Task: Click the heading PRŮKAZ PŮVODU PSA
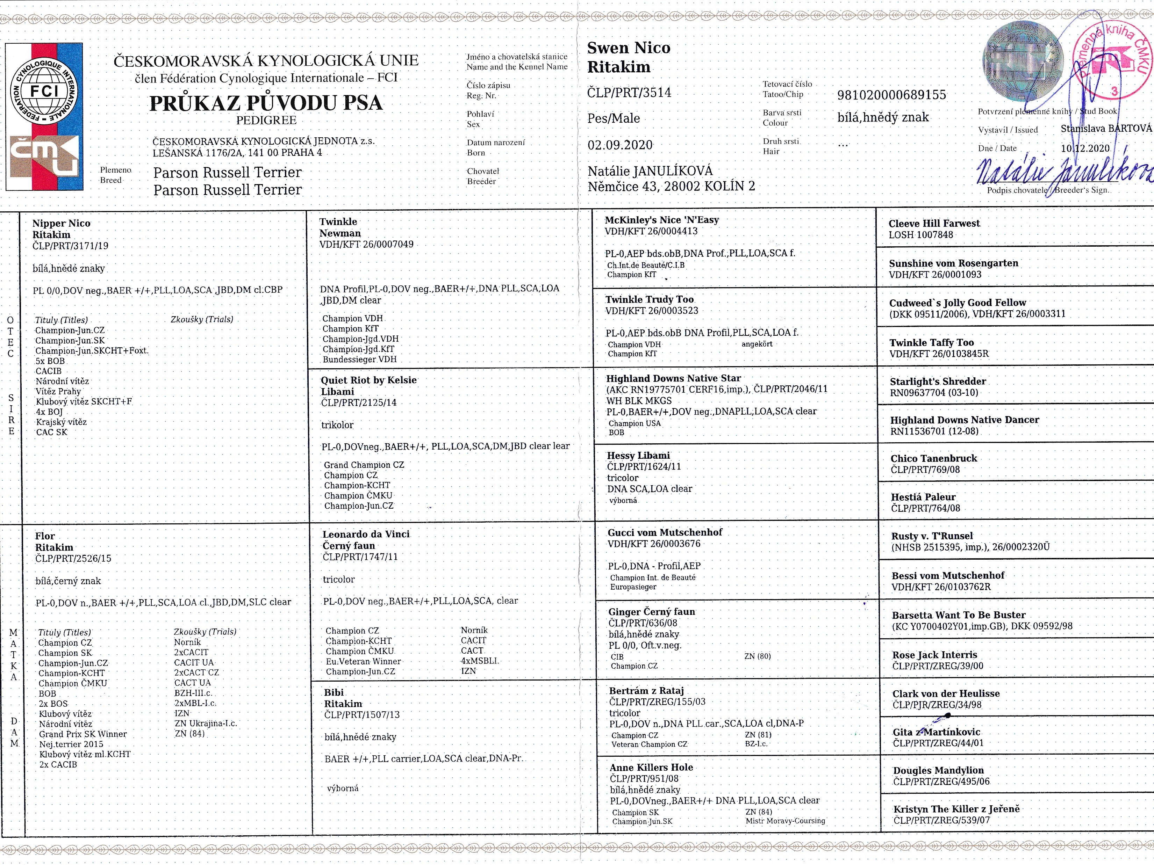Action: point(266,103)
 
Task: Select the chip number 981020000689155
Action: point(891,95)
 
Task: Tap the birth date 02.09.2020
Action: point(620,145)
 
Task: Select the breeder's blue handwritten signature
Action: point(1064,172)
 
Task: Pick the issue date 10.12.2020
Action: point(1085,148)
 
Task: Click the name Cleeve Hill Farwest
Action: point(934,223)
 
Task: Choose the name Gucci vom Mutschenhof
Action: point(665,532)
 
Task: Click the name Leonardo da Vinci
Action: point(366,534)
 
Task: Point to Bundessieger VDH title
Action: point(359,359)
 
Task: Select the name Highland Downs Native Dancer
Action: point(964,420)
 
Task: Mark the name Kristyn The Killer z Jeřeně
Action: point(956,809)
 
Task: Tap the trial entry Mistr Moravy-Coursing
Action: point(785,821)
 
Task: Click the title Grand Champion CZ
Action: point(364,465)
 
